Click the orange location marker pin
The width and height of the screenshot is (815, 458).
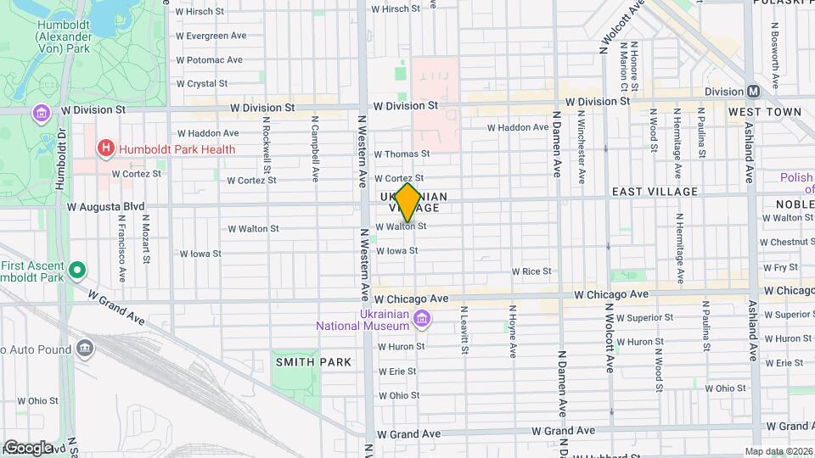pos(408,203)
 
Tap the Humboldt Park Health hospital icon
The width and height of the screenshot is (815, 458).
pos(106,149)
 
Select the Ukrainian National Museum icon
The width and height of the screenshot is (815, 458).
pos(422,319)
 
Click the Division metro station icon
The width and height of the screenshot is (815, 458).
pos(753,92)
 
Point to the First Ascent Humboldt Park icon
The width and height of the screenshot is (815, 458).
pos(77,271)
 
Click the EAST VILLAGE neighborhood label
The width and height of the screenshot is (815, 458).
pos(655,193)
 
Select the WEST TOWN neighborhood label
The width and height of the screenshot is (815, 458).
pos(764,112)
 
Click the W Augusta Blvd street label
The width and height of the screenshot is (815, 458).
pos(106,206)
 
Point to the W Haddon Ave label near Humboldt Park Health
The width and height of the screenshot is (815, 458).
pos(208,133)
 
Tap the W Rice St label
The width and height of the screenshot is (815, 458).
pos(531,271)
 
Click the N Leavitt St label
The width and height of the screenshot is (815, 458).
pos(464,330)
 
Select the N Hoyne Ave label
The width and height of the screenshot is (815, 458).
pos(512,330)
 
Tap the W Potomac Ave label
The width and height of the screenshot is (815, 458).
pos(209,60)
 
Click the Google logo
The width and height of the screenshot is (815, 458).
pos(28,448)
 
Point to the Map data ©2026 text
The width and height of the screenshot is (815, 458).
pos(778,451)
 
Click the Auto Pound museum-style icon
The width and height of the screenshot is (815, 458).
pos(84,348)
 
